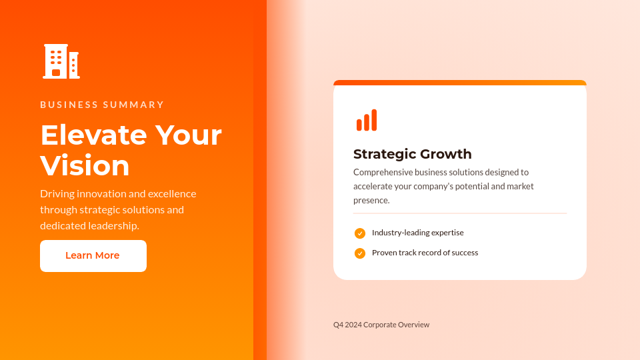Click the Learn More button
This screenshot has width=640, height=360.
point(93,256)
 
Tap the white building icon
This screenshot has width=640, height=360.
point(61,61)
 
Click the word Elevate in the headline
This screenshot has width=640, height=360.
point(93,135)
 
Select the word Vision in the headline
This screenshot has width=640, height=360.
point(85,166)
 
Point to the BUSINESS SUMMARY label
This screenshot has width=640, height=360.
point(102,105)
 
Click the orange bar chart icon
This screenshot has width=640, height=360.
point(367,120)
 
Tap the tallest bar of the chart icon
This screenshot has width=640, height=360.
point(374,120)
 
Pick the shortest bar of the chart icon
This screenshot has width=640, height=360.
point(359,125)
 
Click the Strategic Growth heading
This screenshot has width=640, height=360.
point(412,154)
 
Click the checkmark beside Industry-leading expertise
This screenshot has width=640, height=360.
point(360,233)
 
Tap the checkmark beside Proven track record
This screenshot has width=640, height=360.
point(360,253)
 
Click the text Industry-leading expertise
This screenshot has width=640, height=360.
point(417,233)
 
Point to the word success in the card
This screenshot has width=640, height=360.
point(465,253)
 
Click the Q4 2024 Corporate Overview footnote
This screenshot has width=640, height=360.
point(381,325)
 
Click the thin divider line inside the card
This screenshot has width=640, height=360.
point(460,213)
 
